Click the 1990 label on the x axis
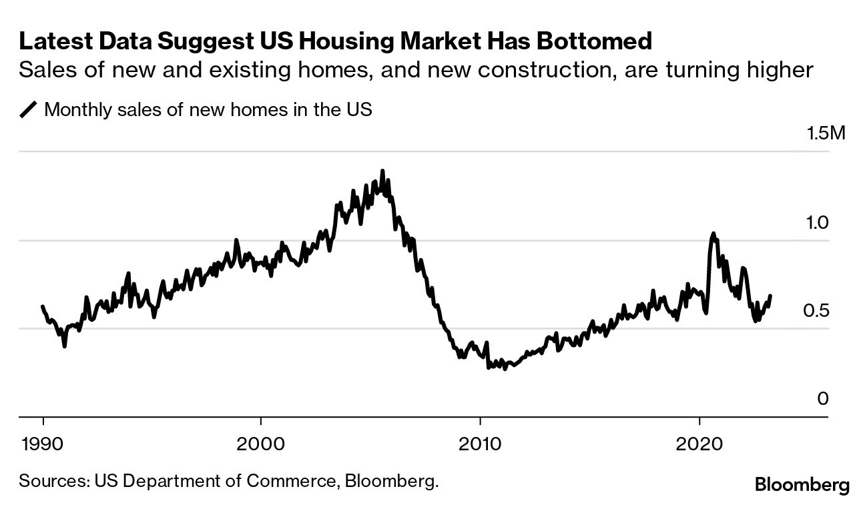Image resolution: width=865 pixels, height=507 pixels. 43,443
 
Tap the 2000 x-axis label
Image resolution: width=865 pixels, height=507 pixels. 260,443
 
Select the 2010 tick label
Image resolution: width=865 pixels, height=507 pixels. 480,443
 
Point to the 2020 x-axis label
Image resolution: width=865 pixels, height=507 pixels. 699,443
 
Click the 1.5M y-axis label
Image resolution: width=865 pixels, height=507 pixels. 826,133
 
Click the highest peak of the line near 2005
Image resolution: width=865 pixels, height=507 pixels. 382,171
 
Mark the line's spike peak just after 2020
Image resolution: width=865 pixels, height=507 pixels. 713,233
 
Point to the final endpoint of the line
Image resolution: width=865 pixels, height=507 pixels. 771,296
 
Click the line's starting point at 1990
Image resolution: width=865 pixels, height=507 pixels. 43,306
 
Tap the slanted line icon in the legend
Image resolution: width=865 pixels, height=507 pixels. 29,109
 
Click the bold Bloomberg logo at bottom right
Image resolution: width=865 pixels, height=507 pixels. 802,485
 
